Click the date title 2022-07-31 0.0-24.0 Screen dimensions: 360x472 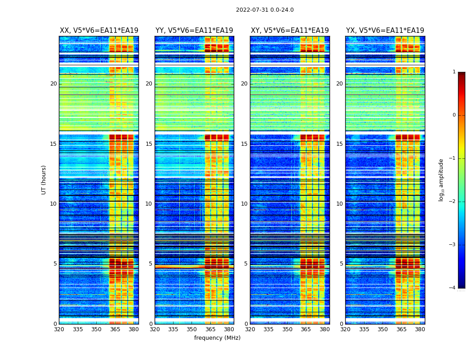tap(265, 10)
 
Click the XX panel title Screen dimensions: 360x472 tap(99, 31)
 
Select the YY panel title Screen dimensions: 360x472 tap(194, 31)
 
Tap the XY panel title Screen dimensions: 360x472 tap(289, 31)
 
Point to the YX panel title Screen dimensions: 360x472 tap(385, 31)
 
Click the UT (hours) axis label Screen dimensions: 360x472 tap(44, 180)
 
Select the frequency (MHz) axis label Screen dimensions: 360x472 tap(217, 338)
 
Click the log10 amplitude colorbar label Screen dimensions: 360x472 tap(441, 180)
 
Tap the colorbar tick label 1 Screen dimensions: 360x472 tap(454, 72)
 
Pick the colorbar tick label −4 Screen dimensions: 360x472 tap(453, 288)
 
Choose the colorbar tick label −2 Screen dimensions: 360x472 tap(453, 202)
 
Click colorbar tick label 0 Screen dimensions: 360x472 tap(454, 115)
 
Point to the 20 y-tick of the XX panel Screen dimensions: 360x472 tap(53, 84)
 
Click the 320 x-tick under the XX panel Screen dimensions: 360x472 tap(59, 329)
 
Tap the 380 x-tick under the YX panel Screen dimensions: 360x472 tap(420, 329)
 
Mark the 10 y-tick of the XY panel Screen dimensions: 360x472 tap(244, 204)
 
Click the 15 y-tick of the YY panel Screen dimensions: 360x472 tap(149, 144)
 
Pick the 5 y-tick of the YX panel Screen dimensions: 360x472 tap(341, 264)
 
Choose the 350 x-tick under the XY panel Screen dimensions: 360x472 tap(287, 329)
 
